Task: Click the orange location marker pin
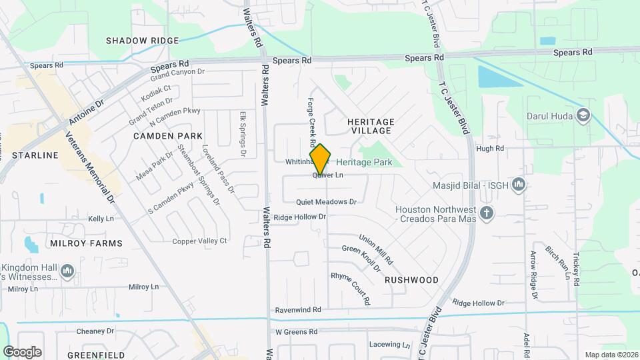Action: click(x=321, y=159)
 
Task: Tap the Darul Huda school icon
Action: click(x=584, y=116)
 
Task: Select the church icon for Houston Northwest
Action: click(x=487, y=213)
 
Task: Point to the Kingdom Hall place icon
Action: click(x=67, y=271)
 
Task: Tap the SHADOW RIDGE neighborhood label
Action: click(x=143, y=41)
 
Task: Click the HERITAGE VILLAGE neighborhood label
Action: click(x=371, y=127)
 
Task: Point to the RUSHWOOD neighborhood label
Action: click(x=411, y=280)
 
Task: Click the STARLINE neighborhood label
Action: click(x=35, y=155)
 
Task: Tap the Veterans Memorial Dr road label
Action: click(x=91, y=168)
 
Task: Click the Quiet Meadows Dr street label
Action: click(x=327, y=201)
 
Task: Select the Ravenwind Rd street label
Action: click(x=298, y=310)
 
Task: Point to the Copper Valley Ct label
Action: click(x=199, y=241)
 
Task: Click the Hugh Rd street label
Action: click(x=490, y=148)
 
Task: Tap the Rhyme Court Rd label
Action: click(x=350, y=289)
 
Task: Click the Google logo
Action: click(x=23, y=351)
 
